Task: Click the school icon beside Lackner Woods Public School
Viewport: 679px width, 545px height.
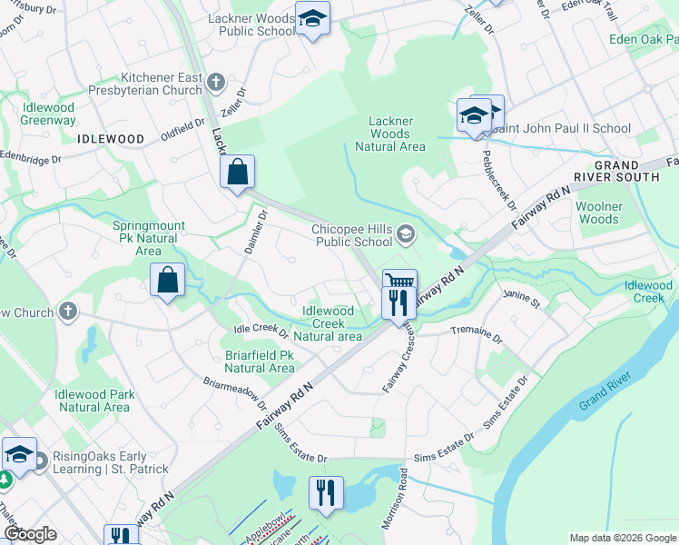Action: [312, 18]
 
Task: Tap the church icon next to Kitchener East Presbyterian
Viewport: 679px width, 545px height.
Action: [215, 84]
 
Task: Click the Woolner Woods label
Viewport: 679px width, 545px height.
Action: [599, 213]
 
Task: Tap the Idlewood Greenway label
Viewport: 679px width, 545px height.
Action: [49, 114]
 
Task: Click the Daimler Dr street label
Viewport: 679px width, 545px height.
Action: [254, 232]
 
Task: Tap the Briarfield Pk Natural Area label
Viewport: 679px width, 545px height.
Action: [259, 362]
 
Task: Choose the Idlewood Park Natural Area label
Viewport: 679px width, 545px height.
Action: [93, 401]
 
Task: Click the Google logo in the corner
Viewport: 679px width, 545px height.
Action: [30, 534]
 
